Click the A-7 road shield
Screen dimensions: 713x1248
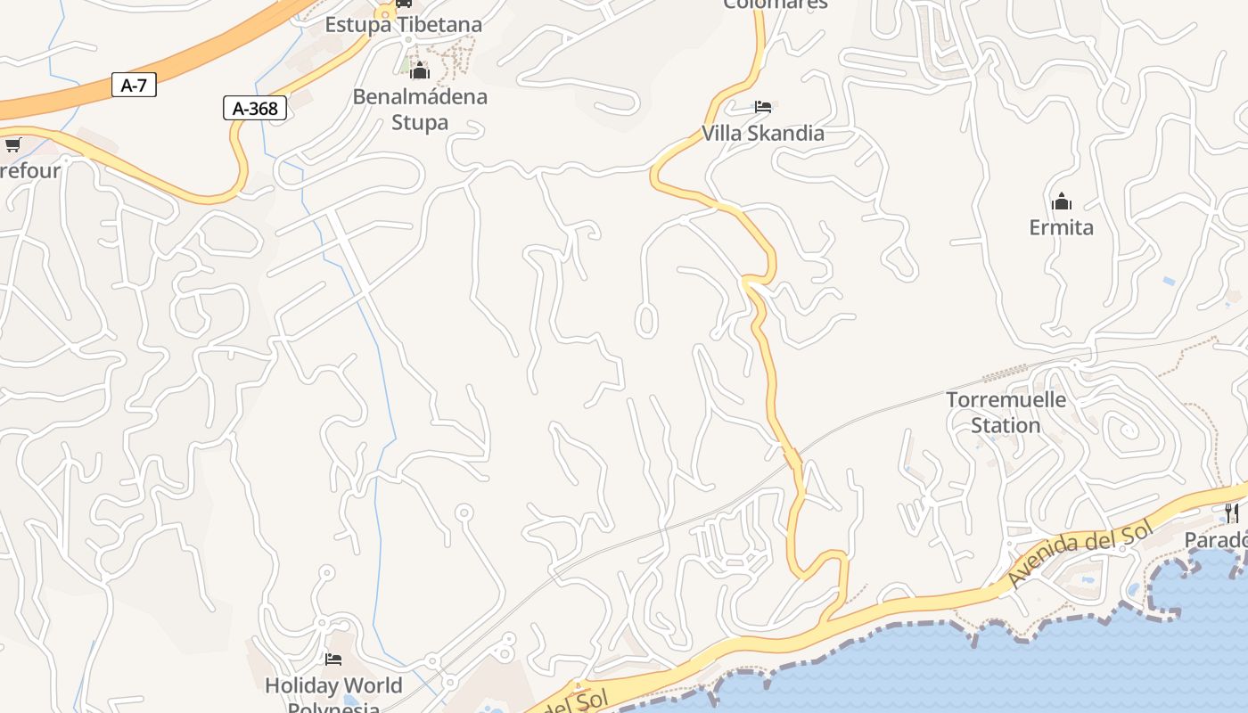tap(134, 86)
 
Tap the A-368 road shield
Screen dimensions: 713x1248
tap(255, 109)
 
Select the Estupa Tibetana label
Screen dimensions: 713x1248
tap(403, 24)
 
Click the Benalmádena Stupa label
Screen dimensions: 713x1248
tap(420, 109)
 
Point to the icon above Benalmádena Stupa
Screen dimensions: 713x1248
tap(420, 70)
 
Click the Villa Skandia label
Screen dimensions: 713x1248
tap(763, 134)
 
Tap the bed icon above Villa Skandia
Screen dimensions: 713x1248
tap(763, 107)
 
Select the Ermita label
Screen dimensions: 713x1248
tap(1061, 227)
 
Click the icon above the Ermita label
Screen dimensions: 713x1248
tap(1061, 201)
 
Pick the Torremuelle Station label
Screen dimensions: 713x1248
tap(1006, 412)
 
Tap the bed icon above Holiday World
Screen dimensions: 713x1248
tap(333, 660)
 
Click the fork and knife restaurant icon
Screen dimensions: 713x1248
tap(1231, 512)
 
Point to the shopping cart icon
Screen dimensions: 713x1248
tap(12, 144)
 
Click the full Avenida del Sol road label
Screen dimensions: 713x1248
tap(1080, 554)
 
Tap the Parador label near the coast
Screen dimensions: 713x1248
tap(1216, 540)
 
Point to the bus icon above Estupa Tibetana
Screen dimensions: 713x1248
tap(403, 3)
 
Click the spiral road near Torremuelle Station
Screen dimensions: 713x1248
tap(1127, 432)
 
